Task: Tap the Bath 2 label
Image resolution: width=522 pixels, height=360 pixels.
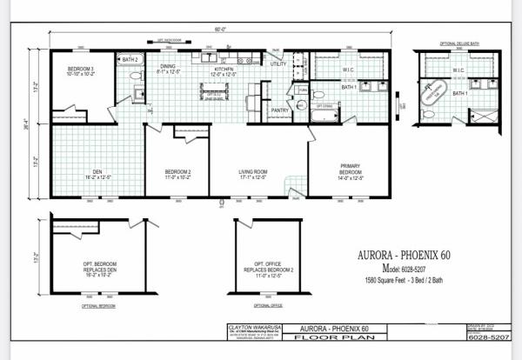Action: pos(130,59)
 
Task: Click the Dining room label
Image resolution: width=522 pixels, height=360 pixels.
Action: pos(168,70)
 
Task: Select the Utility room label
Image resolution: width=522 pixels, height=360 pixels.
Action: pos(278,63)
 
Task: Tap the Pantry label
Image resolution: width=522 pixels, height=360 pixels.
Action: pos(279,110)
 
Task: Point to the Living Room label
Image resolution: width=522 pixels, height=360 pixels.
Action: pos(253,174)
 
